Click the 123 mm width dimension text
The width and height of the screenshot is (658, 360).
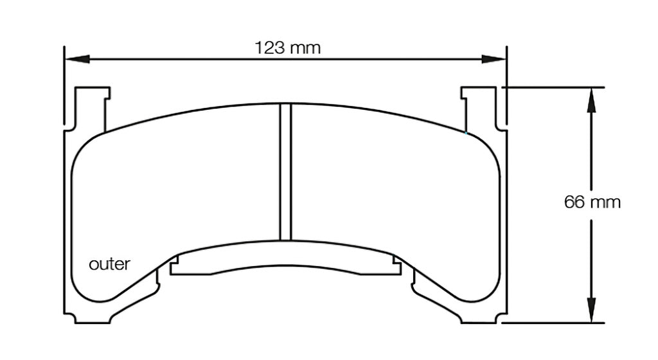click(x=287, y=48)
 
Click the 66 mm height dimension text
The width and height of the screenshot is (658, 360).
click(x=592, y=202)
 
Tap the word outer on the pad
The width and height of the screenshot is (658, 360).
click(x=109, y=264)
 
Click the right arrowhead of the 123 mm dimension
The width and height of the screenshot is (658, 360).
click(x=495, y=59)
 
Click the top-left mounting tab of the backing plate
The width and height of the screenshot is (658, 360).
click(x=89, y=106)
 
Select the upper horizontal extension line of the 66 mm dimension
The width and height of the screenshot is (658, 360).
click(x=553, y=86)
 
